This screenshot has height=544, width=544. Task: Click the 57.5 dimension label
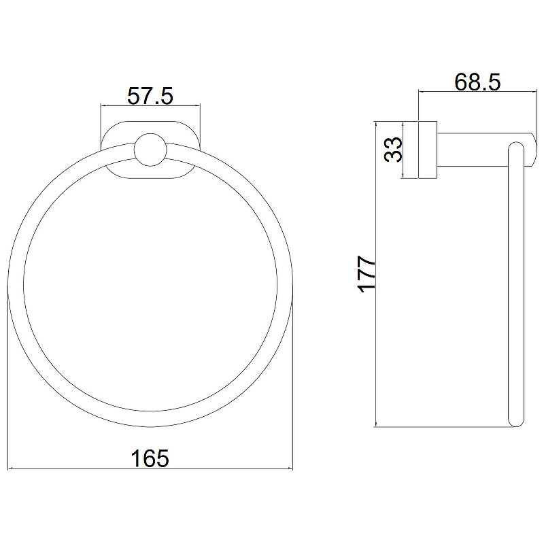(150, 96)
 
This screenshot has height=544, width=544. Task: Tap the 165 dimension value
(150, 458)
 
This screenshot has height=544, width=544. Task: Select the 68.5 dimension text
(477, 82)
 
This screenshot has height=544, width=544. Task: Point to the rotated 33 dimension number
(393, 150)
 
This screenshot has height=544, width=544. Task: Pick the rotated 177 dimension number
(367, 274)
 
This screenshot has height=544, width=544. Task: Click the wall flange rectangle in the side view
(428, 150)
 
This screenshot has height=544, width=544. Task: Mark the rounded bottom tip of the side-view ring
(516, 426)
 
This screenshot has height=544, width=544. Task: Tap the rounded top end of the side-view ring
(516, 142)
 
